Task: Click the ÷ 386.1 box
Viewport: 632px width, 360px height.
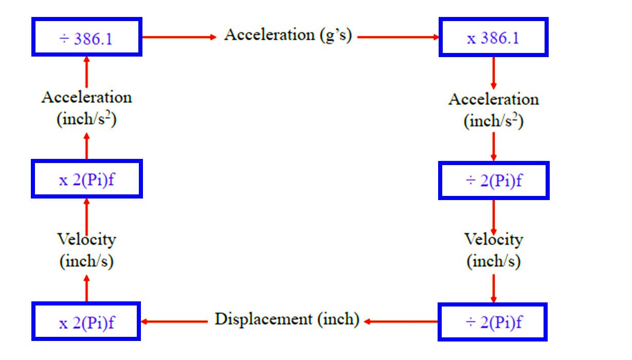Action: pyautogui.click(x=86, y=37)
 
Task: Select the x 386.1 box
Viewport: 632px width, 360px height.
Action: pyautogui.click(x=493, y=37)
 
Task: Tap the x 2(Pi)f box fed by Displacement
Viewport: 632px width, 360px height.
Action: pyautogui.click(x=86, y=321)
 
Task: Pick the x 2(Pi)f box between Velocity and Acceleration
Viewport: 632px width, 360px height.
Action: pyautogui.click(x=86, y=179)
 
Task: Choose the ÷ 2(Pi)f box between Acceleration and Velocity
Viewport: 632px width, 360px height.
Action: pyautogui.click(x=493, y=180)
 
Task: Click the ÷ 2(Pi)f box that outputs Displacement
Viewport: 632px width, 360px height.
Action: pyautogui.click(x=493, y=321)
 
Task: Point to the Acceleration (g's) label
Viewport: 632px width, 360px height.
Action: pyautogui.click(x=287, y=35)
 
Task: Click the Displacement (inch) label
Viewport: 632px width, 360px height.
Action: pyautogui.click(x=287, y=319)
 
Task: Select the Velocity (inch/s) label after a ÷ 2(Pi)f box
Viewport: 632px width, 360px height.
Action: pyautogui.click(x=493, y=250)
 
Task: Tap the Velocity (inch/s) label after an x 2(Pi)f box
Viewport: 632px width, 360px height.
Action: pyautogui.click(x=86, y=250)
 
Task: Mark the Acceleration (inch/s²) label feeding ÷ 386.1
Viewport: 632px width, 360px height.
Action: pyautogui.click(x=86, y=109)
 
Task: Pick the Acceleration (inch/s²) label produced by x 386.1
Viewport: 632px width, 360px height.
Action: pyautogui.click(x=493, y=110)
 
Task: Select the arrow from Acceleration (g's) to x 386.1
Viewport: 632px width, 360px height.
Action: pyautogui.click(x=398, y=37)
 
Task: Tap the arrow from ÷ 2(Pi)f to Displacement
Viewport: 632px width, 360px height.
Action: pyautogui.click(x=401, y=321)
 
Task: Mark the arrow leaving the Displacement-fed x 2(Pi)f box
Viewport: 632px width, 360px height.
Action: pyautogui.click(x=86, y=288)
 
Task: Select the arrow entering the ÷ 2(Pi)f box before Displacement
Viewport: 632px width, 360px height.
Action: pyautogui.click(x=494, y=288)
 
